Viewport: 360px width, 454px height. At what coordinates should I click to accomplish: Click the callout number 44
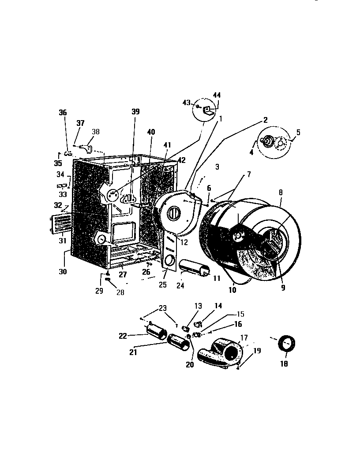(217, 95)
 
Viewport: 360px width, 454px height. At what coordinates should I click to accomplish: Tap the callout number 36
(63, 113)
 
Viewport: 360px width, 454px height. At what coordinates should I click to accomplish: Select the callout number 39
(135, 111)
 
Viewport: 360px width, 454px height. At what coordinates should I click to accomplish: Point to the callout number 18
(284, 364)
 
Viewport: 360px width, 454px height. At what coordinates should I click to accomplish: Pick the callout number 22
(123, 336)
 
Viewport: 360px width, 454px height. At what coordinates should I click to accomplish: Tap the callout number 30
(63, 272)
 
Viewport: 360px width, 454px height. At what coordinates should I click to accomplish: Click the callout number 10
(232, 290)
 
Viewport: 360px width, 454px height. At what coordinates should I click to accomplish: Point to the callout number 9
(283, 288)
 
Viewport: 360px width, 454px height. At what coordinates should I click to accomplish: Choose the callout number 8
(281, 193)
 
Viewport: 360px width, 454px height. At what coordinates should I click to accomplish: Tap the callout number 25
(163, 285)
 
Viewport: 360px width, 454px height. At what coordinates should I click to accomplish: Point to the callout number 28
(120, 292)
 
